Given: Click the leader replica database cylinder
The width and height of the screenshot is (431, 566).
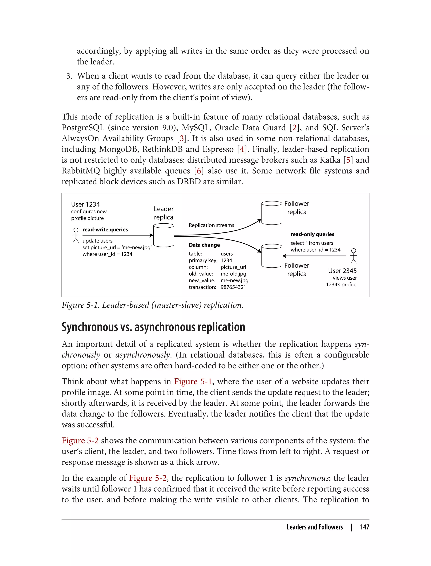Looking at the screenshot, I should point(164,235).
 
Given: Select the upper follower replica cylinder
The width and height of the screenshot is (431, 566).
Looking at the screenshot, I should point(272,213).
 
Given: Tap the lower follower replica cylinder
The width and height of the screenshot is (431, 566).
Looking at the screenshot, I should point(272,256).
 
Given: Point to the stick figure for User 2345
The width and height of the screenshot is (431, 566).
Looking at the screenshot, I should point(354,256).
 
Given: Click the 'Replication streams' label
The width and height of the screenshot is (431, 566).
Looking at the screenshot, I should point(211,225).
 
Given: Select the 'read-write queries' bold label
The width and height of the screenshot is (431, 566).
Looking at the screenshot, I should point(105,230).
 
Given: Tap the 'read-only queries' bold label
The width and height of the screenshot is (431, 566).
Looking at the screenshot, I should point(312,234).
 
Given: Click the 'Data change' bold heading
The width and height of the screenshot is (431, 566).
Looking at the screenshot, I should point(204,245).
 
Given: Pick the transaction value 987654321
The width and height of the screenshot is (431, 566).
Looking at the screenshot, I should point(233,287).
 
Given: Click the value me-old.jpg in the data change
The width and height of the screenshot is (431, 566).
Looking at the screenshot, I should point(233,274).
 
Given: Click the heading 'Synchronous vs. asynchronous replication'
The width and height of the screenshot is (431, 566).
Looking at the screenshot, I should point(153,327).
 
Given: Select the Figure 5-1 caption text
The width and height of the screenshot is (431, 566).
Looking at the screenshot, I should point(152,305).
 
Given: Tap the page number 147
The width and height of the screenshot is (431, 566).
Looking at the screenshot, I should point(364,527).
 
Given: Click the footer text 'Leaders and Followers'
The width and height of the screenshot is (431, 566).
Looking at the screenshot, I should point(315,527).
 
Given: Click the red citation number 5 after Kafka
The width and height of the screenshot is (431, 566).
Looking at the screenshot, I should point(348,160).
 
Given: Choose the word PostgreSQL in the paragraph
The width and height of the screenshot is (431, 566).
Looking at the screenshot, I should point(83,128).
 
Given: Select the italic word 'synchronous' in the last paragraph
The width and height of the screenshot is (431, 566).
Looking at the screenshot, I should point(307,478).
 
